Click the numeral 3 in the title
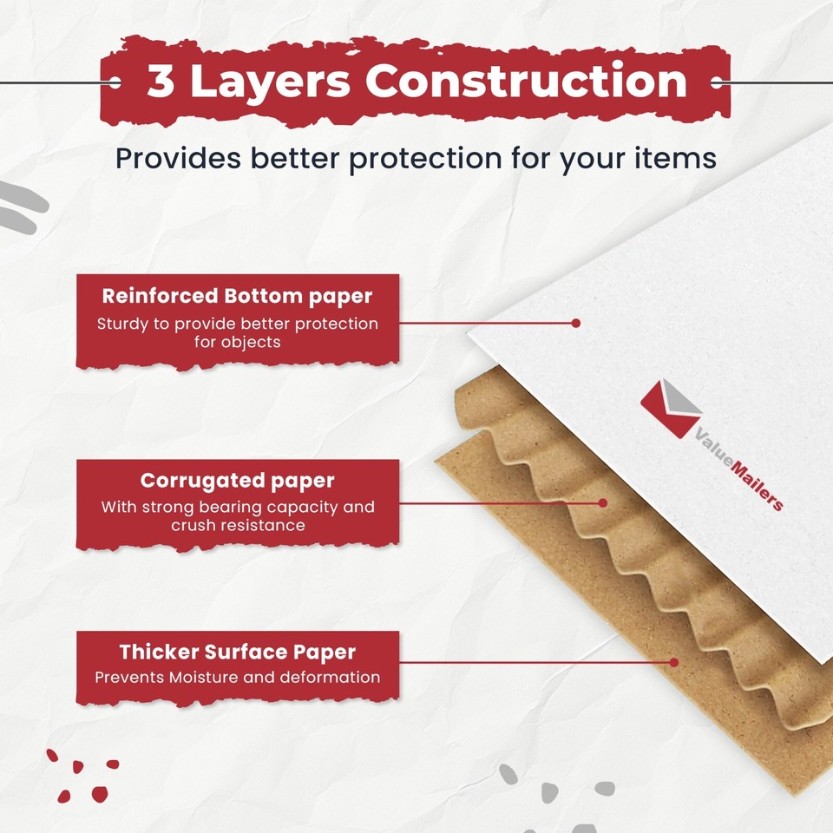pyautogui.click(x=161, y=82)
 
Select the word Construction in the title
pyautogui.click(x=526, y=82)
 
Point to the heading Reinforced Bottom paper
pyautogui.click(x=237, y=296)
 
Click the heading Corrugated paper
pyautogui.click(x=237, y=480)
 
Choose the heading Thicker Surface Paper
pyautogui.click(x=237, y=652)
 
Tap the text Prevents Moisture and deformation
pyautogui.click(x=237, y=677)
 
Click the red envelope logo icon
pyautogui.click(x=670, y=408)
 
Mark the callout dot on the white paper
pyautogui.click(x=575, y=323)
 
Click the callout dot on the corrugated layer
pyautogui.click(x=602, y=502)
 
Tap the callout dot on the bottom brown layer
pyautogui.click(x=673, y=662)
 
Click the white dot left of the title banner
pyautogui.click(x=115, y=83)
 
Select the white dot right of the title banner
pyautogui.click(x=717, y=83)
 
